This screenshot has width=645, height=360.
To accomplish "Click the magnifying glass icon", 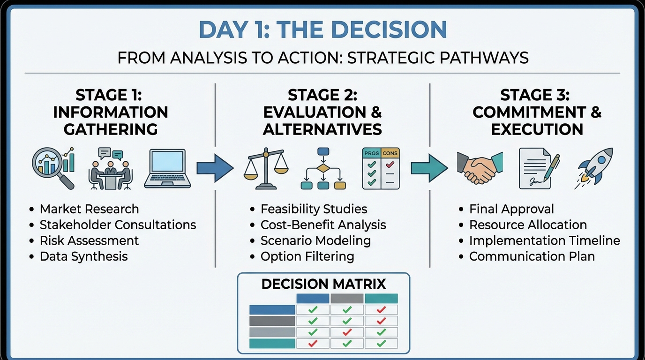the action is tap(53, 168).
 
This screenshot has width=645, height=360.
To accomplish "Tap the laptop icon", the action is tap(167, 168).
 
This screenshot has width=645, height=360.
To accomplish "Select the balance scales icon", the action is tap(266, 168).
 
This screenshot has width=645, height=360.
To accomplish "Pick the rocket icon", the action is tap(594, 168).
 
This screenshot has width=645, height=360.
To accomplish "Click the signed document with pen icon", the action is tap(539, 168).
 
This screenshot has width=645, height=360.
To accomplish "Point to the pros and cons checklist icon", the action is tap(381, 168).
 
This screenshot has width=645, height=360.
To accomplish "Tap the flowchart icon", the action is tap(323, 168).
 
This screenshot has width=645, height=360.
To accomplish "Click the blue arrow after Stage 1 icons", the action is tap(215, 168).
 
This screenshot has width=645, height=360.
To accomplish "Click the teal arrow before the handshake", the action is tap(429, 168).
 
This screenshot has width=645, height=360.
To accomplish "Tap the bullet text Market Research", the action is tap(89, 209).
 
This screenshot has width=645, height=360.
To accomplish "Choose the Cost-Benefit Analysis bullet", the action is tap(323, 225).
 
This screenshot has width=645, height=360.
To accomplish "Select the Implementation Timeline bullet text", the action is tap(545, 240).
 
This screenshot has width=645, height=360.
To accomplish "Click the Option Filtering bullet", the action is tap(307, 256).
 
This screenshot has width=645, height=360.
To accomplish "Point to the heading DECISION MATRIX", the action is tap(323, 284).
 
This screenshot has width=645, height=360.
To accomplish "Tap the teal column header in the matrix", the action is tap(381, 299).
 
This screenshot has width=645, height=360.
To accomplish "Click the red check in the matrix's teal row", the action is tap(313, 343).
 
